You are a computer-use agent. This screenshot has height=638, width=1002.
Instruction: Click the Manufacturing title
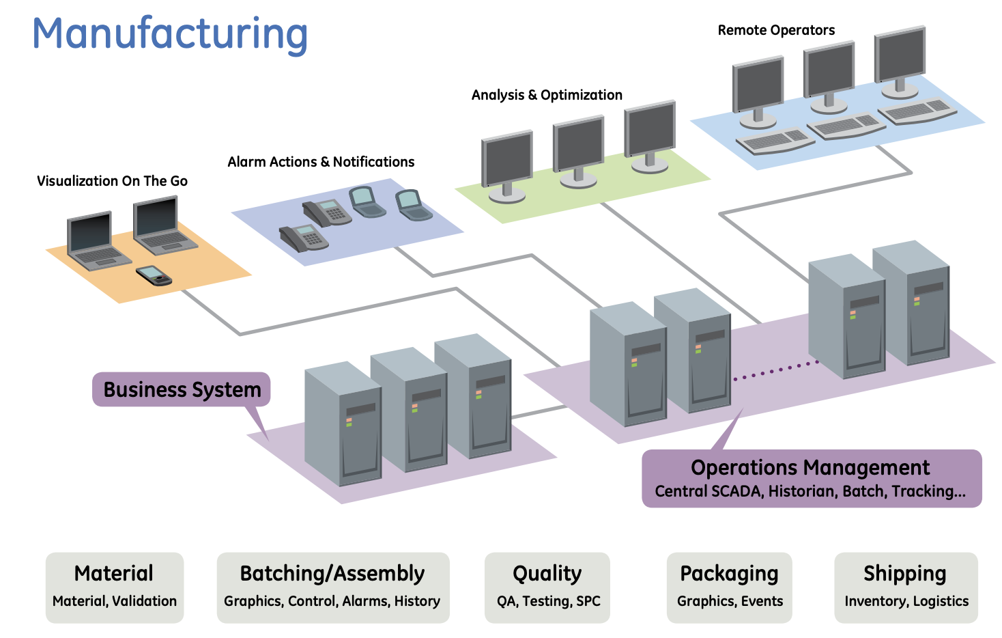[170, 34]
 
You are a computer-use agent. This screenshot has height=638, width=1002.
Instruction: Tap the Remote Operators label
[776, 30]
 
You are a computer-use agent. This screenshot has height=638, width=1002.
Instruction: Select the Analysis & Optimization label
[547, 95]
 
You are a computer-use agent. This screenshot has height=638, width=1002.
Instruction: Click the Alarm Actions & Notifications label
[321, 162]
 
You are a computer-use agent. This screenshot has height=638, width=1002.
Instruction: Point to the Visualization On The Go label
[112, 181]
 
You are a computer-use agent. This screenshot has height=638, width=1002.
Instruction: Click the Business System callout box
[182, 389]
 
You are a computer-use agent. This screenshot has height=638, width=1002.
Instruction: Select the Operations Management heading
[810, 468]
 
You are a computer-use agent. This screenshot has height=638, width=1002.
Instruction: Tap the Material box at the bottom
[115, 587]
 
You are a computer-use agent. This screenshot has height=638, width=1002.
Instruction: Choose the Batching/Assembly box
[332, 587]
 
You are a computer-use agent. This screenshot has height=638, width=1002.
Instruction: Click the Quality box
[547, 587]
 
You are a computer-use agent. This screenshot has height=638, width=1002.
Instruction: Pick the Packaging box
[729, 587]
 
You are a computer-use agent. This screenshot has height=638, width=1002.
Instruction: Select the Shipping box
[905, 587]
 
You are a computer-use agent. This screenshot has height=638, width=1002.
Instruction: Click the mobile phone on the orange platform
[154, 275]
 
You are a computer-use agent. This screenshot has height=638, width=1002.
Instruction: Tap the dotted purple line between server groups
[775, 371]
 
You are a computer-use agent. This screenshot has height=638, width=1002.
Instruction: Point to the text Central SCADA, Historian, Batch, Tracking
[810, 491]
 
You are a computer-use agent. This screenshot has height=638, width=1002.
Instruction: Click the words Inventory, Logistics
[906, 601]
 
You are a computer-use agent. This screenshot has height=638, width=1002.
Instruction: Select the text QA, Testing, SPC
[548, 601]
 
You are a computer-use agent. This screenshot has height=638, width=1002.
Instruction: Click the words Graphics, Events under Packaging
[730, 601]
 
